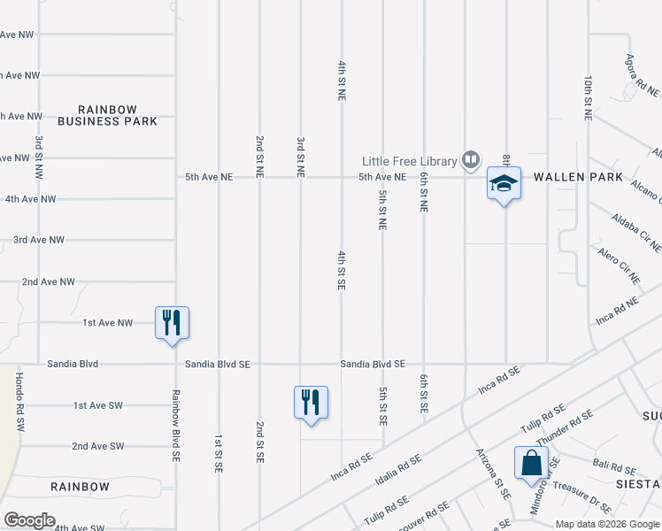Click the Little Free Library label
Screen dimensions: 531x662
(409, 161)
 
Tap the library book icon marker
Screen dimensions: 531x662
(470, 160)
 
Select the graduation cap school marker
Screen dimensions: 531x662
(504, 184)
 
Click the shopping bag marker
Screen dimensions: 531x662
(531, 463)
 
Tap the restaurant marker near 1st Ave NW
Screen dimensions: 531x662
(172, 321)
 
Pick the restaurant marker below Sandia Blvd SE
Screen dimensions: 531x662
(311, 402)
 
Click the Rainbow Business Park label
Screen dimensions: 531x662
(107, 115)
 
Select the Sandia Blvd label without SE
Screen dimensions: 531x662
(74, 364)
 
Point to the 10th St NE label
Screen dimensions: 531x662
(588, 97)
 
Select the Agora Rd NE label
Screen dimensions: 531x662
(642, 75)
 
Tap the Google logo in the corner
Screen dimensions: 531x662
(30, 519)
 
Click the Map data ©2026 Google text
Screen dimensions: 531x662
(607, 524)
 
